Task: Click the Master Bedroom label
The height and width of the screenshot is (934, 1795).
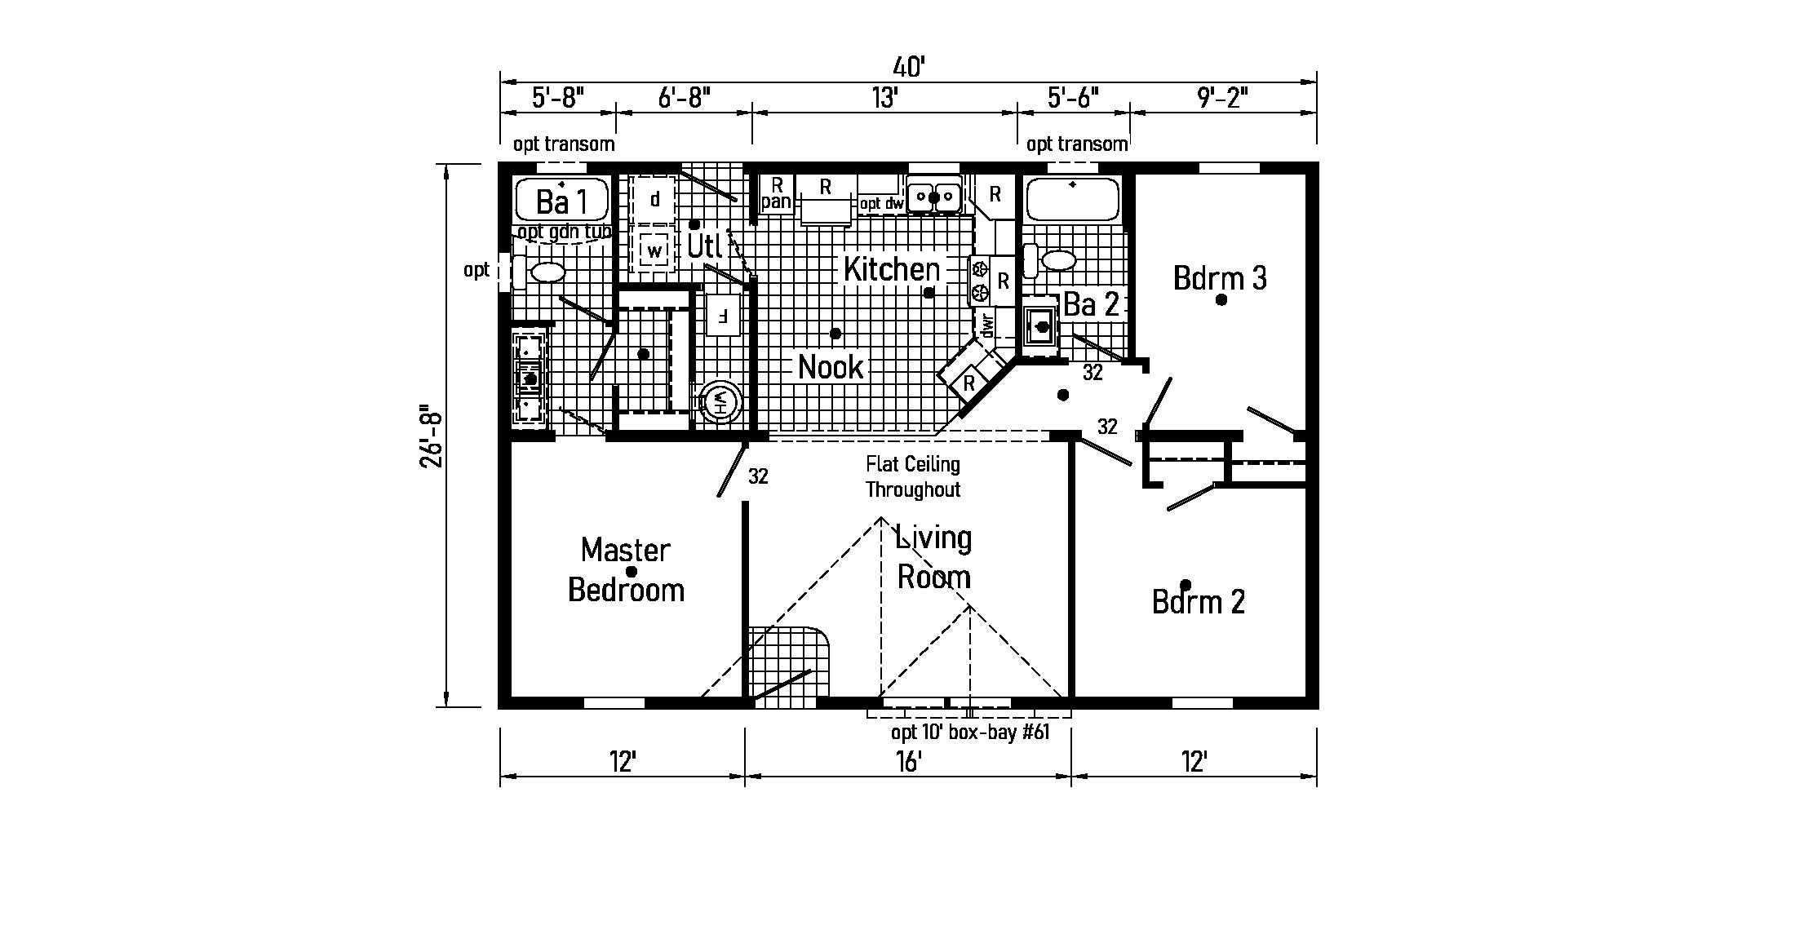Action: coord(626,569)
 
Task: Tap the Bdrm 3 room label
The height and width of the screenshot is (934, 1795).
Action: coord(1220,278)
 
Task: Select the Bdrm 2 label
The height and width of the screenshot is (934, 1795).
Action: coord(1198,602)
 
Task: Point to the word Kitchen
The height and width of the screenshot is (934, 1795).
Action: coord(891,269)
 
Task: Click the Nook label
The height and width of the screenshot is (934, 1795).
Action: coord(831,367)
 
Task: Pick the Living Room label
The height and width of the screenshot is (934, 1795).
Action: coord(934,558)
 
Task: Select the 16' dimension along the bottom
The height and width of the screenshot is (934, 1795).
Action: coord(907,762)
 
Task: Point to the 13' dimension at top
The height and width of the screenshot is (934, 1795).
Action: coord(884,99)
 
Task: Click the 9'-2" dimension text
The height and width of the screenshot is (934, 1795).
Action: coord(1223,99)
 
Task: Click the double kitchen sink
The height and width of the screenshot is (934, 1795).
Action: coord(934,197)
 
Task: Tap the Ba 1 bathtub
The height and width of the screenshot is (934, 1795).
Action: coord(562,199)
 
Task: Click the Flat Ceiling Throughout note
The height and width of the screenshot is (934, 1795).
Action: coord(912,477)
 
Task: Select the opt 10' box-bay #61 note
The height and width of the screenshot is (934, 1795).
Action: coord(969,733)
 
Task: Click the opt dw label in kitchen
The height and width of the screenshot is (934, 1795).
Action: coord(881,204)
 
